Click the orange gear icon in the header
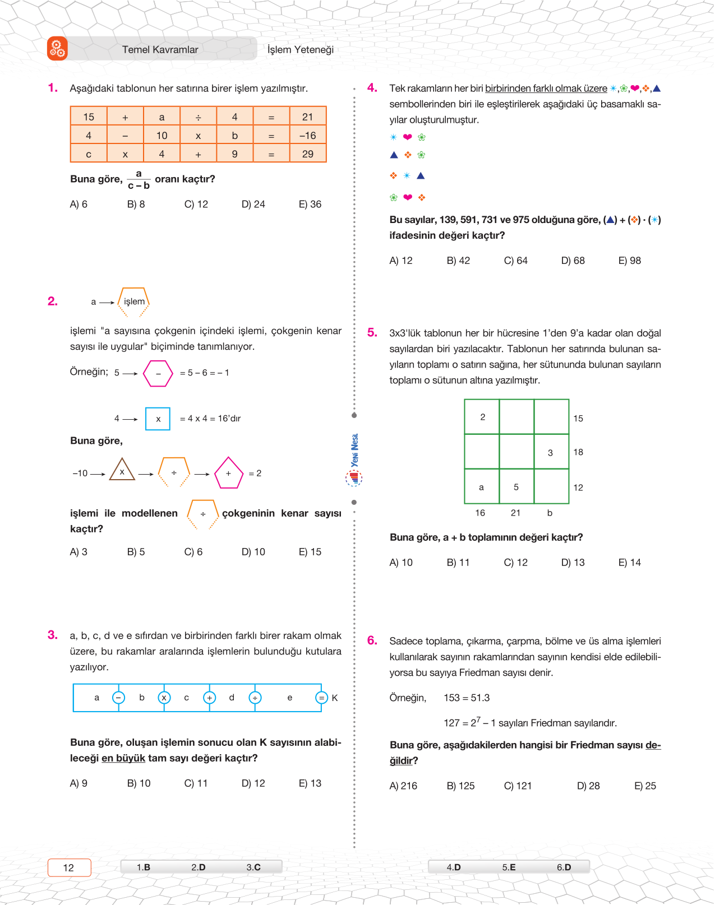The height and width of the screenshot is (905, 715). coord(57,49)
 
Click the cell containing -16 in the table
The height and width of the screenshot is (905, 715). coord(307,136)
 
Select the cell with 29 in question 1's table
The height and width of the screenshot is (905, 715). coord(307,154)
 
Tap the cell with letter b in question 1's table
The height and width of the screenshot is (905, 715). coord(234,136)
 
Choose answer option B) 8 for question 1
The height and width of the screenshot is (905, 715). coord(136,205)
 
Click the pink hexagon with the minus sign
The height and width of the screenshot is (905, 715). coord(158,373)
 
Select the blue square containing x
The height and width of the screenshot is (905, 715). coord(158,419)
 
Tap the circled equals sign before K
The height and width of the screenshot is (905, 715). coord(321,698)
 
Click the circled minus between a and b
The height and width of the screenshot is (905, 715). coord(118,698)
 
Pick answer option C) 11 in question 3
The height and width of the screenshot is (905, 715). coord(196,783)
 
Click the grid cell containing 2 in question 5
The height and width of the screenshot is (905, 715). coord(482,417)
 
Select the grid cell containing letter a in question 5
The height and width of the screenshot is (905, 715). coord(481,487)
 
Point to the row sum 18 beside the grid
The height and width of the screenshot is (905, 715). coord(578,452)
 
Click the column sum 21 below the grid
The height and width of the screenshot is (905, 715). coord(515,513)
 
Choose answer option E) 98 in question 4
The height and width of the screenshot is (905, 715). coord(629,261)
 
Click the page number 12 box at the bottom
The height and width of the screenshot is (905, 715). coord(69,867)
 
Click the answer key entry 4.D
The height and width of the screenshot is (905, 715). coord(454,867)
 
